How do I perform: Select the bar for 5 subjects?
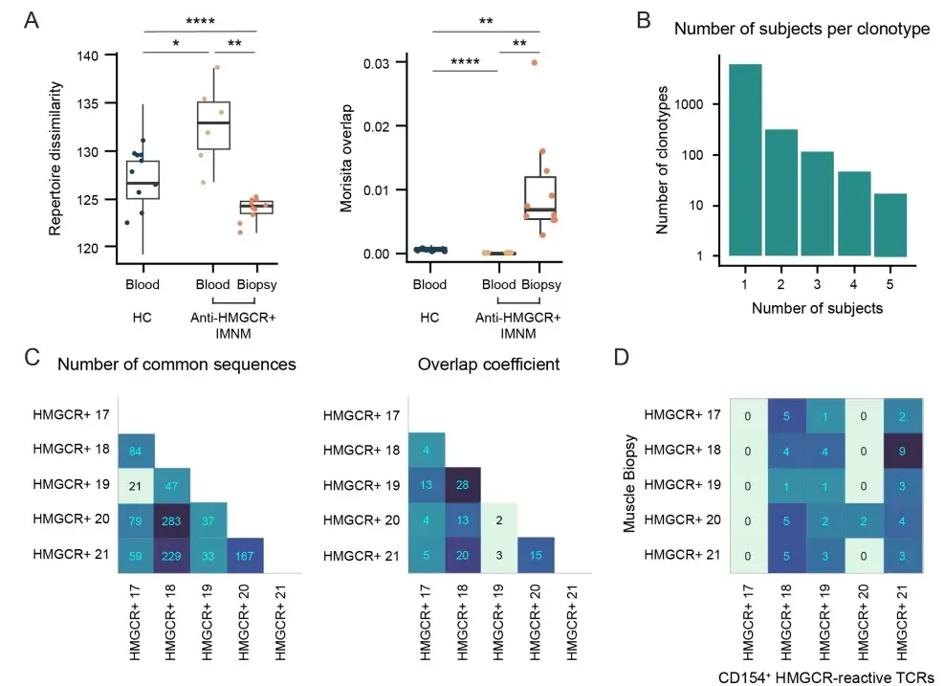point(890,225)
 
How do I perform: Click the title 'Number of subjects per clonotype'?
point(802,29)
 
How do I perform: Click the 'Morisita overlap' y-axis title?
point(352,158)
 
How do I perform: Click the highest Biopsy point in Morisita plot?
point(534,63)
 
